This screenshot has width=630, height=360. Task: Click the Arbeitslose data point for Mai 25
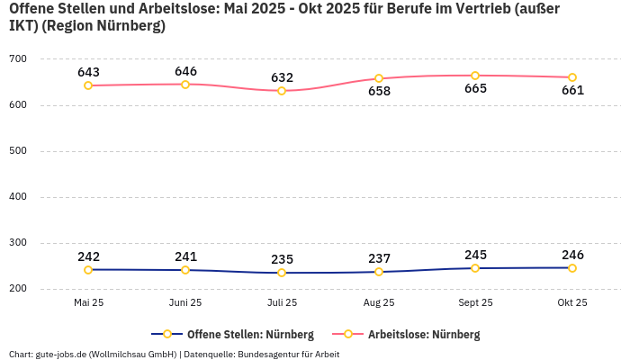point(88,85)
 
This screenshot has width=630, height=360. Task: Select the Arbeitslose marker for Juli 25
point(282,91)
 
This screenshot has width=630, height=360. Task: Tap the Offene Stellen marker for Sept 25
point(475,268)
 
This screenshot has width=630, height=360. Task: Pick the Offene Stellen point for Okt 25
point(572,267)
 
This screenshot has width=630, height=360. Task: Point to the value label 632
point(282,77)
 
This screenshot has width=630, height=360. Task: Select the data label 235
point(282,259)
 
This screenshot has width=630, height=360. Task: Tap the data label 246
point(572,254)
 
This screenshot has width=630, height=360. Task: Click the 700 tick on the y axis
point(18,59)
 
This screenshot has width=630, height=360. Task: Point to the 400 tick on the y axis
point(18,197)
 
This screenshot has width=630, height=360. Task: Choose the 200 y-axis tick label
point(18,289)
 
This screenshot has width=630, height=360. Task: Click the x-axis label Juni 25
point(185,303)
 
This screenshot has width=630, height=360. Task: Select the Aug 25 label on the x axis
point(379,303)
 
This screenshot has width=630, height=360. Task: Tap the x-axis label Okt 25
point(572,303)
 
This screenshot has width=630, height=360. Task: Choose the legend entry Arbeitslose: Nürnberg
point(423,335)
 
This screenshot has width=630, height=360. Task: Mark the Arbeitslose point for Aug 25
point(379,78)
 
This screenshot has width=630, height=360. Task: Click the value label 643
point(88,72)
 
